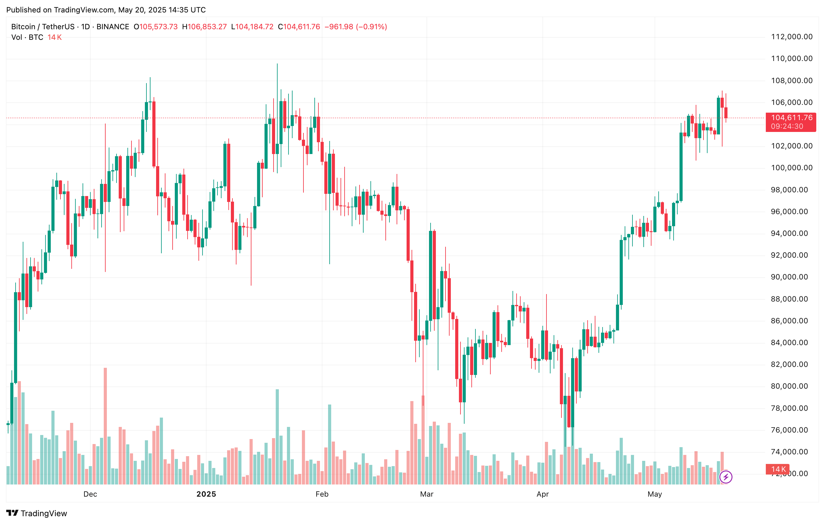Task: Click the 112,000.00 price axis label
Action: pos(791,37)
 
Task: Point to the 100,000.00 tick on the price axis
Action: pos(791,168)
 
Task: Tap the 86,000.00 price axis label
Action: pos(791,321)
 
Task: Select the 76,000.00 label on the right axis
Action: pos(791,430)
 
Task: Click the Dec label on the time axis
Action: pos(90,494)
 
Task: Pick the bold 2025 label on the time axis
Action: pos(206,494)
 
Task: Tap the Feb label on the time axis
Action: pos(322,494)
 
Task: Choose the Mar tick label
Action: pos(427,494)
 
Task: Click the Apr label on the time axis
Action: pos(542,494)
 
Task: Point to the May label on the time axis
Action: pos(654,494)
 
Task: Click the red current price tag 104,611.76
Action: pos(791,118)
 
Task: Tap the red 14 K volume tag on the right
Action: pos(778,469)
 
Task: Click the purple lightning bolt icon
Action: pos(726,477)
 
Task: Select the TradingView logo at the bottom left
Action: pos(37,513)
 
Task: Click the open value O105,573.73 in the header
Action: pos(155,27)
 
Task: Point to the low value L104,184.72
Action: pos(252,27)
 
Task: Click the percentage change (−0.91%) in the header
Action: pos(371,27)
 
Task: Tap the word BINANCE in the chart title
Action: pos(113,27)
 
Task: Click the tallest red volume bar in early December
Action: pos(105,426)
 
